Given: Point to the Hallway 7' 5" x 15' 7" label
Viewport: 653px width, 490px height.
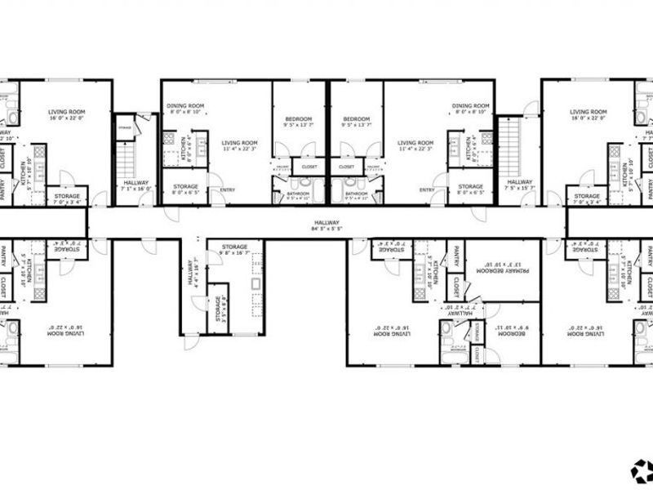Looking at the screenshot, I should [x=520, y=185].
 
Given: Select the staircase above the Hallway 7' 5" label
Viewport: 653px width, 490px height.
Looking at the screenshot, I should [x=509, y=143].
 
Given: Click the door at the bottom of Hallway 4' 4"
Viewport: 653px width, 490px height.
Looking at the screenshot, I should [x=190, y=341].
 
